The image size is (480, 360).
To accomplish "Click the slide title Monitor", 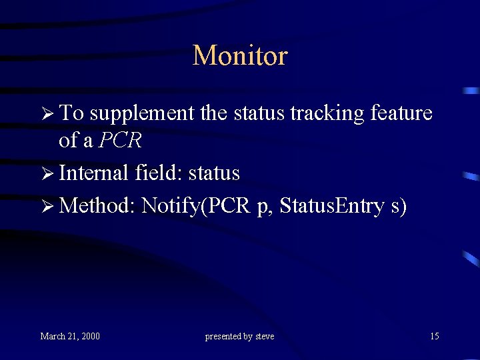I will (240, 55).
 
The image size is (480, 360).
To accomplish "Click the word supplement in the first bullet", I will (143, 114).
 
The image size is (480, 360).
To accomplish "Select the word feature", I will (403, 113).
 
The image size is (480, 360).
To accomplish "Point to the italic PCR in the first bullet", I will (120, 141).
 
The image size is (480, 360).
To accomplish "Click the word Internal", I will (93, 173).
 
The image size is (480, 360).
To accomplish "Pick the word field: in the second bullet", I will (159, 173).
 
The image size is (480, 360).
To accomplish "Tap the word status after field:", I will (214, 173).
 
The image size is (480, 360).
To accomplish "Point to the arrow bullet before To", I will (45, 114).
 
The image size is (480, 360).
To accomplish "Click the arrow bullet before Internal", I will (45, 174).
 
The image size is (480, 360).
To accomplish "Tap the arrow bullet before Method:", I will (45, 207).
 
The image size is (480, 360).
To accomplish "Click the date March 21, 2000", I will (70, 336).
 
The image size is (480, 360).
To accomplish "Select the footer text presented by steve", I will (239, 337).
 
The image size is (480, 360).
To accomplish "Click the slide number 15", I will (434, 336).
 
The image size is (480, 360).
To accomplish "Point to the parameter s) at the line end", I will (399, 207).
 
